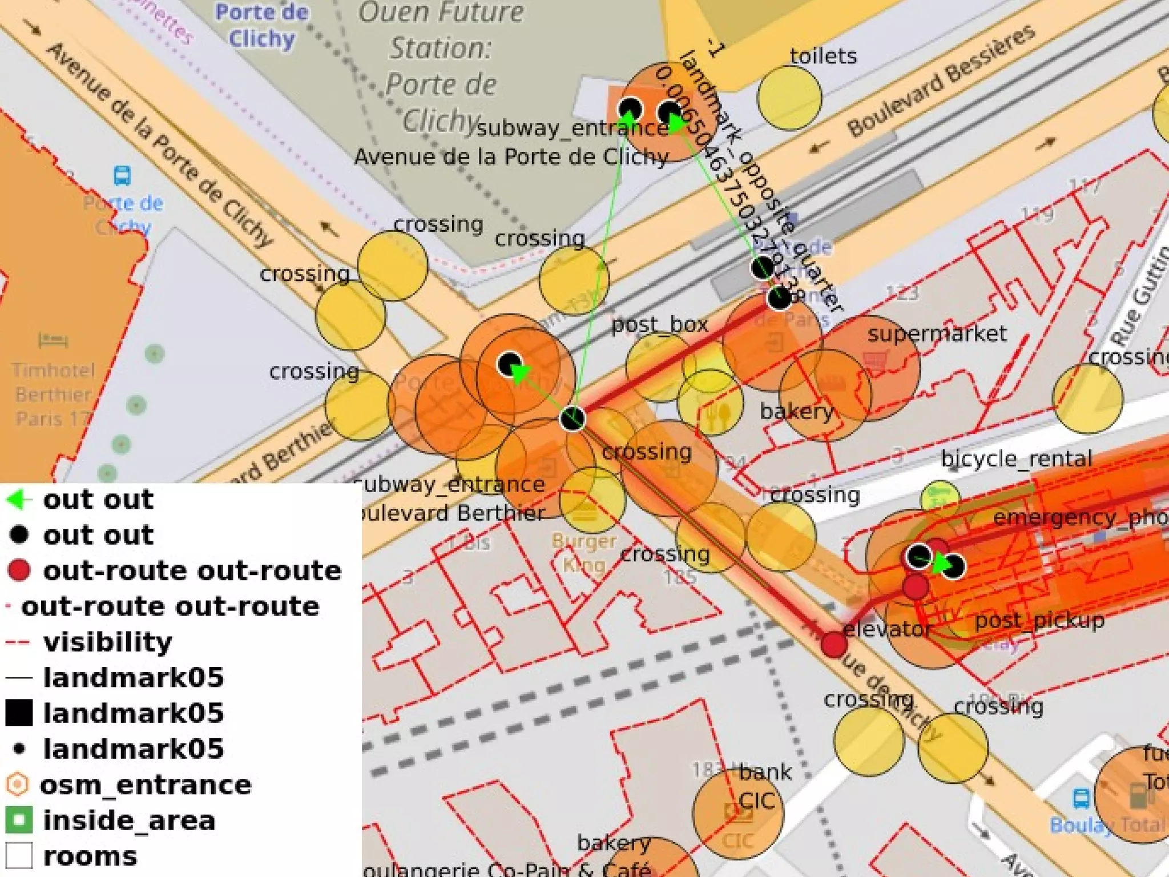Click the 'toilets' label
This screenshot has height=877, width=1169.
click(823, 56)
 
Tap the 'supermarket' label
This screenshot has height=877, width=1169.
click(937, 333)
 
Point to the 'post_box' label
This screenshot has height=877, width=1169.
click(659, 324)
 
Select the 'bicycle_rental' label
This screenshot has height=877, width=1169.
click(1016, 458)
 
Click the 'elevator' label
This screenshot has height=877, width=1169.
click(886, 629)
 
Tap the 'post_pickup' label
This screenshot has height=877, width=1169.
click(1039, 620)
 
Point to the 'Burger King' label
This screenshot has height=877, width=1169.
click(583, 552)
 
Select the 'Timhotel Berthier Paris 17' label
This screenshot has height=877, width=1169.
click(53, 394)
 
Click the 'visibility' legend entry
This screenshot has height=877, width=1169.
click(107, 642)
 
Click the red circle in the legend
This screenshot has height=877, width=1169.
click(19, 570)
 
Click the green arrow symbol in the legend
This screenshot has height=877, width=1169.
click(19, 500)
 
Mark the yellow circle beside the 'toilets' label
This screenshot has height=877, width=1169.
click(789, 98)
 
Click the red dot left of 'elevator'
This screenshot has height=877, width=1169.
click(833, 645)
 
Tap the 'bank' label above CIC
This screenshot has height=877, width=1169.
click(765, 773)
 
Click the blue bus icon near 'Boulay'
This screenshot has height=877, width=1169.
click(1081, 798)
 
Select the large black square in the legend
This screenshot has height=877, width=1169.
click(19, 713)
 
